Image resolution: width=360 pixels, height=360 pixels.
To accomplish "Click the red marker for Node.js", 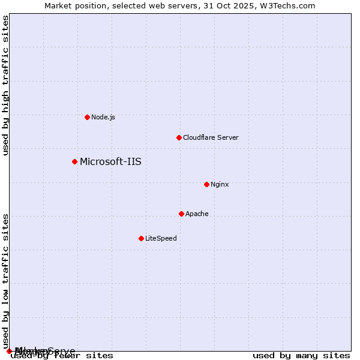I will [87, 117].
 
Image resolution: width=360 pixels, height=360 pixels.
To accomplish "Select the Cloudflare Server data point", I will [179, 137].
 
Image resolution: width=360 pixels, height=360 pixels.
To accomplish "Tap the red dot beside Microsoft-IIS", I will [74, 161].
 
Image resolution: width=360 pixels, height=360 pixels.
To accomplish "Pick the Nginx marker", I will [206, 184].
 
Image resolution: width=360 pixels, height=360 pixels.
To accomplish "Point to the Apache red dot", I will [181, 214].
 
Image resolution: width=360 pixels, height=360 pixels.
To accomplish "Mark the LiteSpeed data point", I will [141, 238].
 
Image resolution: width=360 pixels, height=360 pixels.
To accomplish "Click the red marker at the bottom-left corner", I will [9, 351].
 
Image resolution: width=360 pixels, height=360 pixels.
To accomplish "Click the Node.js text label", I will [103, 117].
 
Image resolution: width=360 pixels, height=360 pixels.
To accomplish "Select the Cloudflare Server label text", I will [211, 137].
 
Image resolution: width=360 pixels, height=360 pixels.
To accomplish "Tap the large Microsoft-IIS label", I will [110, 161].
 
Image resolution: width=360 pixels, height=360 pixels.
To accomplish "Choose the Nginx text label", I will [220, 184].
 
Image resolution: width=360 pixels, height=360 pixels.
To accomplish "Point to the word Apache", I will [197, 214].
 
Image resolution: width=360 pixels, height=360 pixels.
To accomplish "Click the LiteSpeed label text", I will [161, 238].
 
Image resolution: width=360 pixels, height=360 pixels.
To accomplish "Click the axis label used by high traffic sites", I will [5, 85].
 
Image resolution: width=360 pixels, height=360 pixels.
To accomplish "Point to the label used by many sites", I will [301, 356].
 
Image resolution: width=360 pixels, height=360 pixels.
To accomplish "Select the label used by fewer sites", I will [62, 356].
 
